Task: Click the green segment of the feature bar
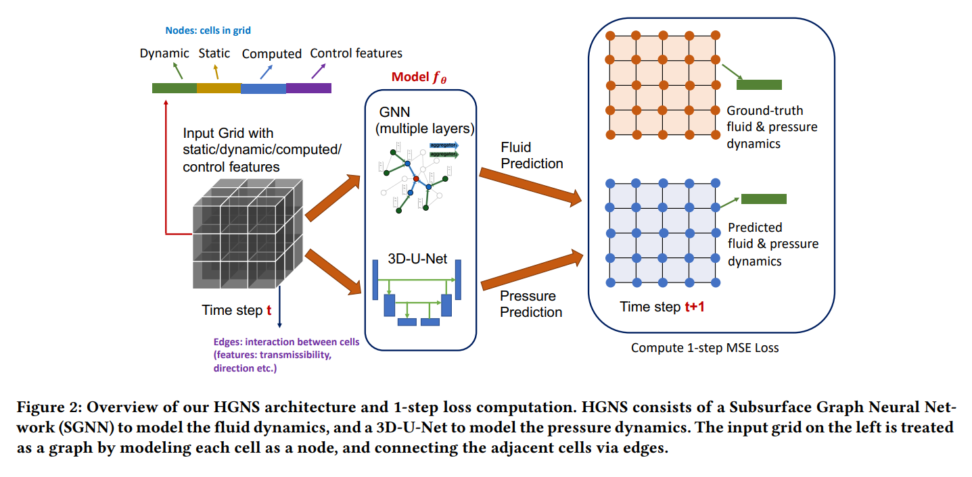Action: pos(174,88)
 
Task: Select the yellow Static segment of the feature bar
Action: pos(218,88)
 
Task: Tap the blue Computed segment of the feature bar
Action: pos(263,88)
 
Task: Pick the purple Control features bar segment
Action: pos(308,88)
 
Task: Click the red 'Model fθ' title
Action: pos(419,78)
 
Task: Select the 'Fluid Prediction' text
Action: pos(532,155)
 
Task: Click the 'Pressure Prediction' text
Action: pos(531,304)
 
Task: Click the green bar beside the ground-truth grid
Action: pos(759,84)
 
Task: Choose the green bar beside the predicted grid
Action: pos(764,199)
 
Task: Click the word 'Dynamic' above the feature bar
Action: pos(164,53)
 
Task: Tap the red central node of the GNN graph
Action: pos(416,179)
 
